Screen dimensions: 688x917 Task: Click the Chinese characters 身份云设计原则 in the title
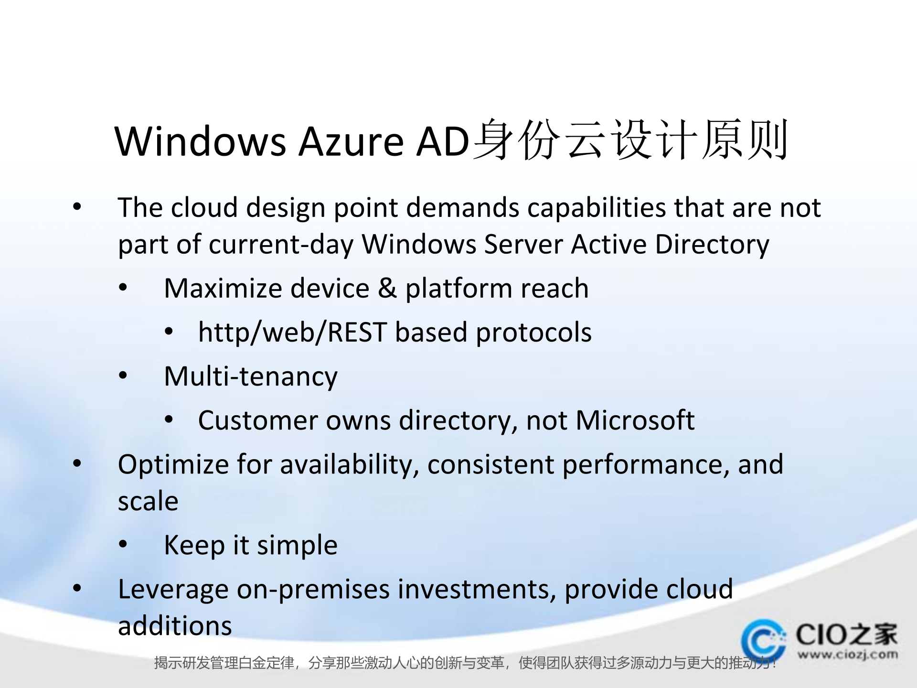(630, 140)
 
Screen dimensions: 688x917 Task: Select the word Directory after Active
(712, 245)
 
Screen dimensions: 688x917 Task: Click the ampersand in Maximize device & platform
(387, 288)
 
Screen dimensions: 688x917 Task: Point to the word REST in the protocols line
(356, 333)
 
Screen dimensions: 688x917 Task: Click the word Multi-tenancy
(251, 376)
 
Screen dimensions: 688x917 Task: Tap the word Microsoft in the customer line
(635, 420)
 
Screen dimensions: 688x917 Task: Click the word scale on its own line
(148, 501)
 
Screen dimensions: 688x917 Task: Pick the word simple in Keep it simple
(297, 545)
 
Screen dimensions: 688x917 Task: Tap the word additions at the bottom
(175, 626)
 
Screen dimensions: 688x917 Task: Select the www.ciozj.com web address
(847, 655)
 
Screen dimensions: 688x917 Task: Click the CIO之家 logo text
(846, 634)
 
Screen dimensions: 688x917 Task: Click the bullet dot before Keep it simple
(123, 544)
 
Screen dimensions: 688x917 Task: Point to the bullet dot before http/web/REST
(169, 332)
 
